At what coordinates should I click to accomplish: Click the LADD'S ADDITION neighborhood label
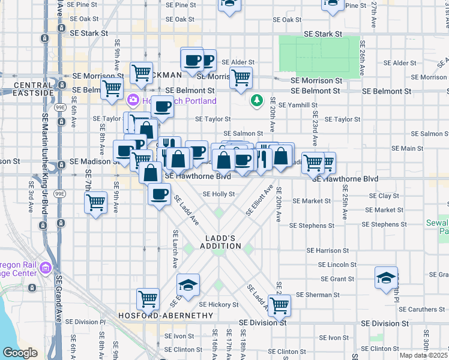pyautogui.click(x=219, y=242)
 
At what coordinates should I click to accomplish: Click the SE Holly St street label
pyautogui.click(x=218, y=194)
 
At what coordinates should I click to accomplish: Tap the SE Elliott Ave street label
pyautogui.click(x=259, y=201)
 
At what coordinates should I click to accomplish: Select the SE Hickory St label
pyautogui.click(x=218, y=305)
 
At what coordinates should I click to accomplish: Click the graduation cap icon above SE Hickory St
pyautogui.click(x=188, y=284)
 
